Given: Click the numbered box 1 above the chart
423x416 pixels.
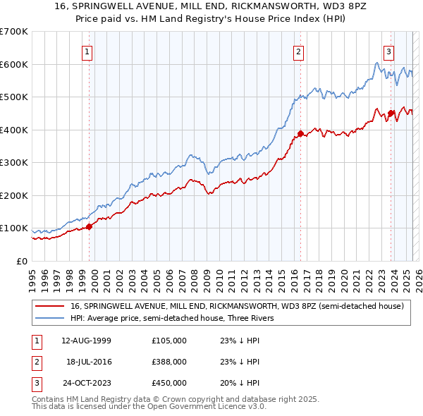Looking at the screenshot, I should (87, 51).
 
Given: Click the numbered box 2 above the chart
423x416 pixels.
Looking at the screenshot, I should (299, 51).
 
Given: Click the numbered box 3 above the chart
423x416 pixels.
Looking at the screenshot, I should (388, 51).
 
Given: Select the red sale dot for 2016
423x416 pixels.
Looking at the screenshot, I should (300, 133).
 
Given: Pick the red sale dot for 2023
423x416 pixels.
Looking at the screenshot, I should (391, 113).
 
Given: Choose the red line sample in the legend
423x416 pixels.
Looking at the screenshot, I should (50, 307).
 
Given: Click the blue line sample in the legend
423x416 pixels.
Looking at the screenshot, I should (50, 318).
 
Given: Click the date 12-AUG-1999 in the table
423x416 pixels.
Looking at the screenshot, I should (87, 341).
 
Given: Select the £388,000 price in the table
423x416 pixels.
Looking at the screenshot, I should (168, 362).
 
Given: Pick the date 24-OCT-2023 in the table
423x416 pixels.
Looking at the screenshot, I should (87, 383).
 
